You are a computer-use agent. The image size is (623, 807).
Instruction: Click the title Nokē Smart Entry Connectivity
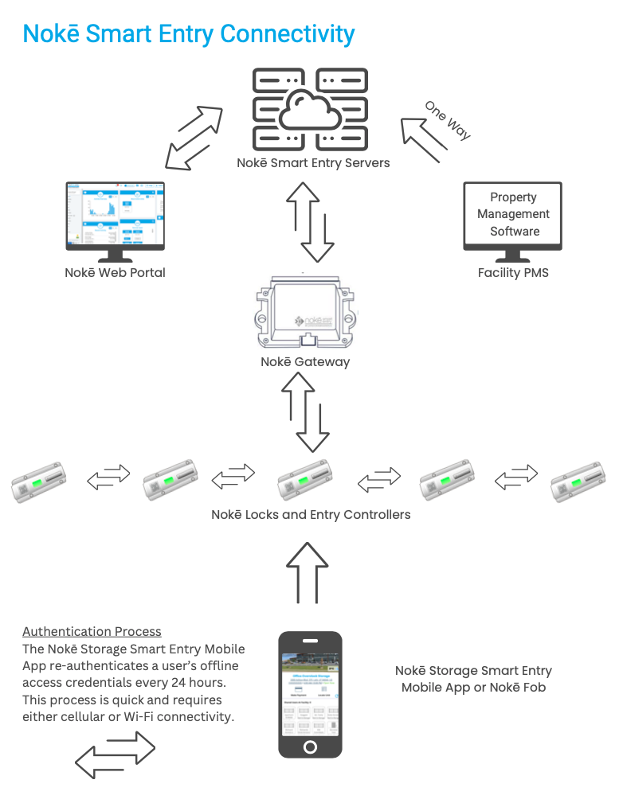189,34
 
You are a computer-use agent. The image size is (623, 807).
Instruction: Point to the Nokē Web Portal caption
115,273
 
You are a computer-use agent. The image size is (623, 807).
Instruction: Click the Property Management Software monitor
513,216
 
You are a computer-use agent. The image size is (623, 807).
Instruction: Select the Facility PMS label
513,273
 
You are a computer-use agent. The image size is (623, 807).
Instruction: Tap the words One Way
447,121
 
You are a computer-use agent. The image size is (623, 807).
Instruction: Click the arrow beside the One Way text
420,139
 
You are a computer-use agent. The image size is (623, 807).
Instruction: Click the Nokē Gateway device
305,313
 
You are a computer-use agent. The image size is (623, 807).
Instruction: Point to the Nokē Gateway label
305,362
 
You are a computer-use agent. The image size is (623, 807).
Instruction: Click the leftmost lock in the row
38,481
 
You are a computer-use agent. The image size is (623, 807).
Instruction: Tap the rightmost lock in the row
581,481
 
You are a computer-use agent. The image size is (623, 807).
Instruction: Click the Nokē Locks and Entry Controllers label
311,515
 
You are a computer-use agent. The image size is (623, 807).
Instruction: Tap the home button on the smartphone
310,747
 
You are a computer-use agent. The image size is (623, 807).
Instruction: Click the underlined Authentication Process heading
92,631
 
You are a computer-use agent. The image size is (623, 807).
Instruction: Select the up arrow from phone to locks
308,573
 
